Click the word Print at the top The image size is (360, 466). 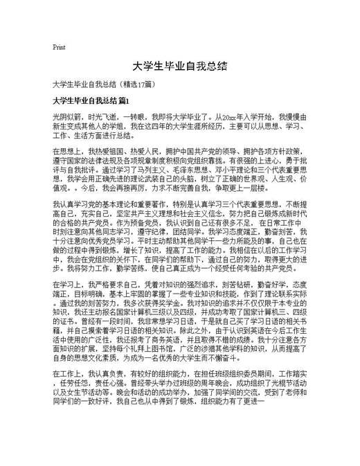(x=59, y=47)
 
